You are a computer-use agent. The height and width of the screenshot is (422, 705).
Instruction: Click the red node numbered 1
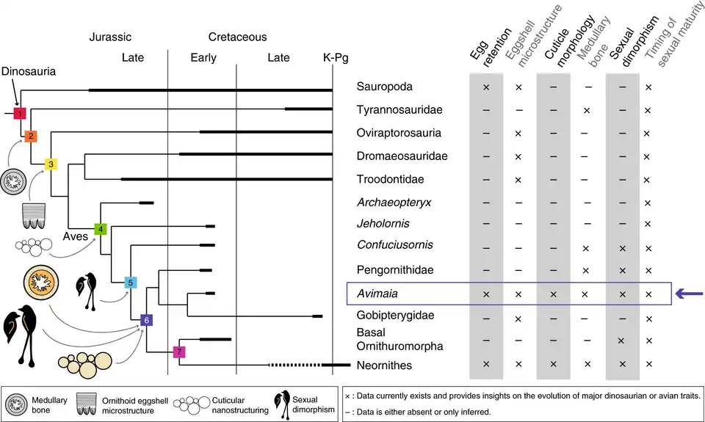pyautogui.click(x=20, y=114)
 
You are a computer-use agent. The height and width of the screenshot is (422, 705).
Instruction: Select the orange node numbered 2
pyautogui.click(x=30, y=137)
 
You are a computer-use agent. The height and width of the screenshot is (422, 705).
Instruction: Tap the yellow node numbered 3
pyautogui.click(x=51, y=164)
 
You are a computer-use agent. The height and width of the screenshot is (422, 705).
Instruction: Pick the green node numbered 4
pyautogui.click(x=101, y=229)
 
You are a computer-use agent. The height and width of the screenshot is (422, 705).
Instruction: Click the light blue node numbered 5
pyautogui.click(x=129, y=283)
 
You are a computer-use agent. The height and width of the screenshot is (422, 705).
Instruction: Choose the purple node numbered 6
pyautogui.click(x=146, y=320)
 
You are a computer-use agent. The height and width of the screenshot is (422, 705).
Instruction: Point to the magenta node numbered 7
pyautogui.click(x=178, y=352)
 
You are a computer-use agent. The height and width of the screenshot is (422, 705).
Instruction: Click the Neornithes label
pyautogui.click(x=384, y=365)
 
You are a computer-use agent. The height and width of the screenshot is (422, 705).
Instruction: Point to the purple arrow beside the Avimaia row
pyautogui.click(x=689, y=294)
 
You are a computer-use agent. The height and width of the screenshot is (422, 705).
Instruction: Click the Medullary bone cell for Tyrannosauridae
pyautogui.click(x=586, y=110)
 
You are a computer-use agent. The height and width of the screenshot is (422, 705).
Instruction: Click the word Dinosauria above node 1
pyautogui.click(x=29, y=72)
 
